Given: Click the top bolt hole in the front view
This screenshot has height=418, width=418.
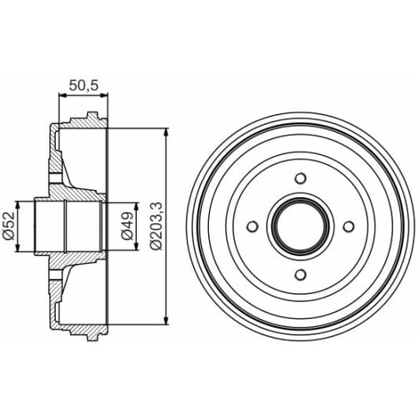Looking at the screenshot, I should click(x=301, y=178).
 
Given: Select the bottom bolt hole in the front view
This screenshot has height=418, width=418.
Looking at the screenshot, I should click(x=301, y=274).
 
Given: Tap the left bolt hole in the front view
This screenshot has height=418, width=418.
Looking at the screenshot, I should click(x=252, y=226).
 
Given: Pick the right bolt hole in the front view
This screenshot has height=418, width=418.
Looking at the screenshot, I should click(x=350, y=226).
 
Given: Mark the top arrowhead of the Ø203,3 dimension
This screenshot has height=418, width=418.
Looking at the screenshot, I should click(x=166, y=131).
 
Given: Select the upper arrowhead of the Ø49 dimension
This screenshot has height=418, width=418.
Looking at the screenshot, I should click(x=136, y=206).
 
